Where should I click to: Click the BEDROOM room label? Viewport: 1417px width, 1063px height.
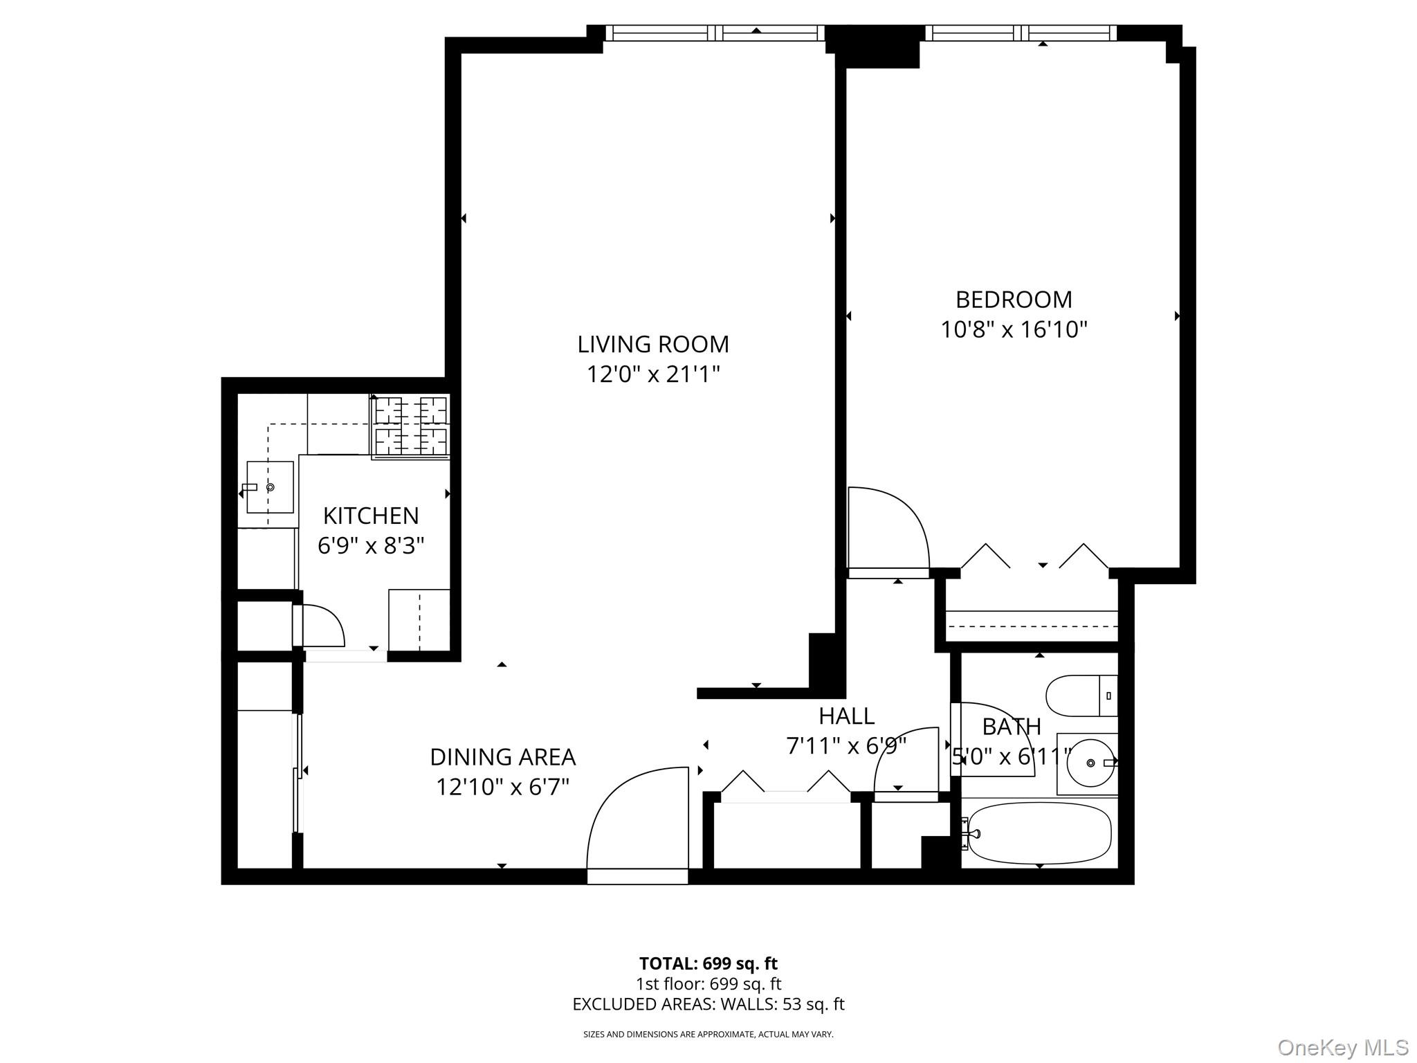tap(1013, 300)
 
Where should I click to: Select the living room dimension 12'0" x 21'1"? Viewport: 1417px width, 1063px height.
tap(653, 374)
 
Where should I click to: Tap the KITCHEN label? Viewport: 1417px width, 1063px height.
tap(371, 516)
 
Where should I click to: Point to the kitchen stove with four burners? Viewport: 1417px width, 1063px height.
tap(411, 426)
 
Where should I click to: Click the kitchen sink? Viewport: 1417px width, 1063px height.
tap(270, 487)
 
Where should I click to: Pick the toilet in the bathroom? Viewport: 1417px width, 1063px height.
tap(1081, 696)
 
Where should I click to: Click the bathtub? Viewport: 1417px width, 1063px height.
tap(1039, 833)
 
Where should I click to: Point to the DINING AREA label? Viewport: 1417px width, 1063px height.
tap(502, 757)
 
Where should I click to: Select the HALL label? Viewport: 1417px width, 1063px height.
tap(846, 716)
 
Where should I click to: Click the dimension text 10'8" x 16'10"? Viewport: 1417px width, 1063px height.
tap(1013, 330)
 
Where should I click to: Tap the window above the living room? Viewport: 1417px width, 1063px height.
tap(715, 33)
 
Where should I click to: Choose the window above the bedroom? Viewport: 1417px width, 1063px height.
tap(1021, 33)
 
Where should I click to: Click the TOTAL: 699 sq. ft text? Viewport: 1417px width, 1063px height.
tap(708, 963)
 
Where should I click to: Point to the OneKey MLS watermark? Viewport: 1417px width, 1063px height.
tap(1342, 1047)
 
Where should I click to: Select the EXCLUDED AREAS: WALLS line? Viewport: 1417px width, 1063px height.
tap(708, 1004)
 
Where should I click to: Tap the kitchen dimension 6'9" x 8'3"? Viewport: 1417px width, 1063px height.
tap(371, 546)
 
